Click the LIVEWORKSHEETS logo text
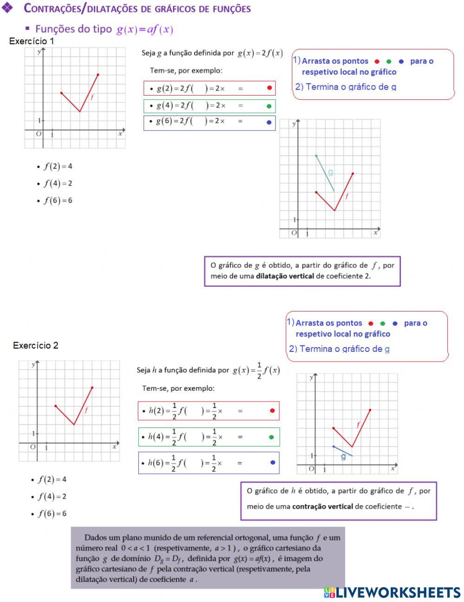[398, 592]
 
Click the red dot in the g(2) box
[270, 88]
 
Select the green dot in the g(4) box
[269, 106]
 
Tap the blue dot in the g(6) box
[269, 123]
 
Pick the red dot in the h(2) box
[272, 410]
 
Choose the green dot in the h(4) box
[272, 437]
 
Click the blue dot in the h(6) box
[272, 462]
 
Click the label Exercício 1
[32, 41]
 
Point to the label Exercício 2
[36, 345]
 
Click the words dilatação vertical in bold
[284, 276]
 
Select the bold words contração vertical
[322, 506]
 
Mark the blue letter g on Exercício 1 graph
[330, 172]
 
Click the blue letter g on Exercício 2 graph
[343, 457]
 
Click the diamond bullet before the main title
[8, 8]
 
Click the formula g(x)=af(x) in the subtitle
[145, 30]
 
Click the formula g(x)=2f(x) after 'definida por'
[260, 53]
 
